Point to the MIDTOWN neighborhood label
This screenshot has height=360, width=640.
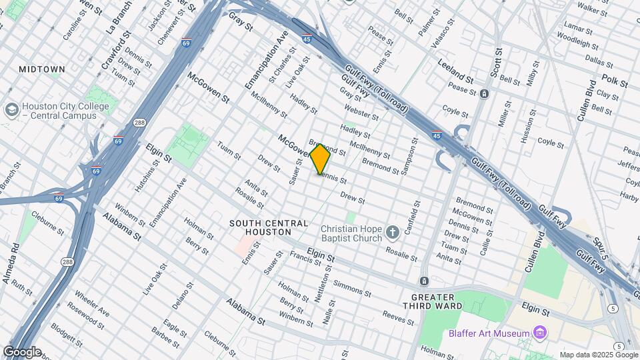tap(42, 69)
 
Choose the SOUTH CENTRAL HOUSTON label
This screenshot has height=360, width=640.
tap(269, 227)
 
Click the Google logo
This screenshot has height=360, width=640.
tap(22, 352)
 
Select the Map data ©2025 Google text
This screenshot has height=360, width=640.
tap(598, 355)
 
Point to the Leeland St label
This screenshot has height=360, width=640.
tap(455, 70)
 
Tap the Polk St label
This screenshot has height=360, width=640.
tap(614, 81)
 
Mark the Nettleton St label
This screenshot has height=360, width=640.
tap(318, 283)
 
